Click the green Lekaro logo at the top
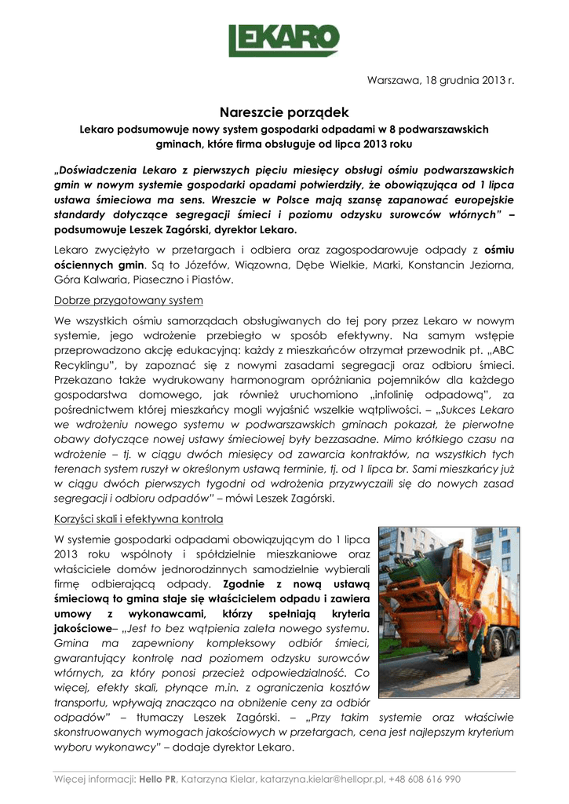pyautogui.click(x=284, y=39)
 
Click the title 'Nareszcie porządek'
pyautogui.click(x=284, y=113)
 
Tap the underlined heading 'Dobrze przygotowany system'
pyautogui.click(x=129, y=301)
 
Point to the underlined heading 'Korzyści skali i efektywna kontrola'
pyautogui.click(x=139, y=519)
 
